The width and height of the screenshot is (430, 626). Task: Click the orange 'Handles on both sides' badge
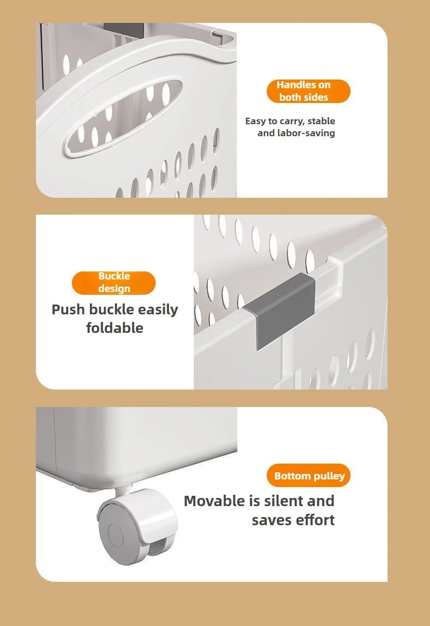click(308, 91)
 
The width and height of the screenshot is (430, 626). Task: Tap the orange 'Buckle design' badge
click(114, 283)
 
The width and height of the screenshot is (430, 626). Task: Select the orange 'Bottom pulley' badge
click(309, 476)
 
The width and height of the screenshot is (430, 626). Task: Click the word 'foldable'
click(115, 328)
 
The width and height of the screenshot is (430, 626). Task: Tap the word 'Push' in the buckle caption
click(68, 309)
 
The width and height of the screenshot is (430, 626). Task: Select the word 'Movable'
click(214, 501)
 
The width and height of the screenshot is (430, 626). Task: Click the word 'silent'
click(284, 501)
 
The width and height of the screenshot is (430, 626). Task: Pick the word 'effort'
click(315, 520)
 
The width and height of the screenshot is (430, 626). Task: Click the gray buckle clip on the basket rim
click(281, 309)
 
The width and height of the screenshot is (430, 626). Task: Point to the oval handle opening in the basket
click(122, 118)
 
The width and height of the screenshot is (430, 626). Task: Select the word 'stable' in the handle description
click(321, 121)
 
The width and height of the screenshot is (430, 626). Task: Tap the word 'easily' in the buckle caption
click(158, 309)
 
